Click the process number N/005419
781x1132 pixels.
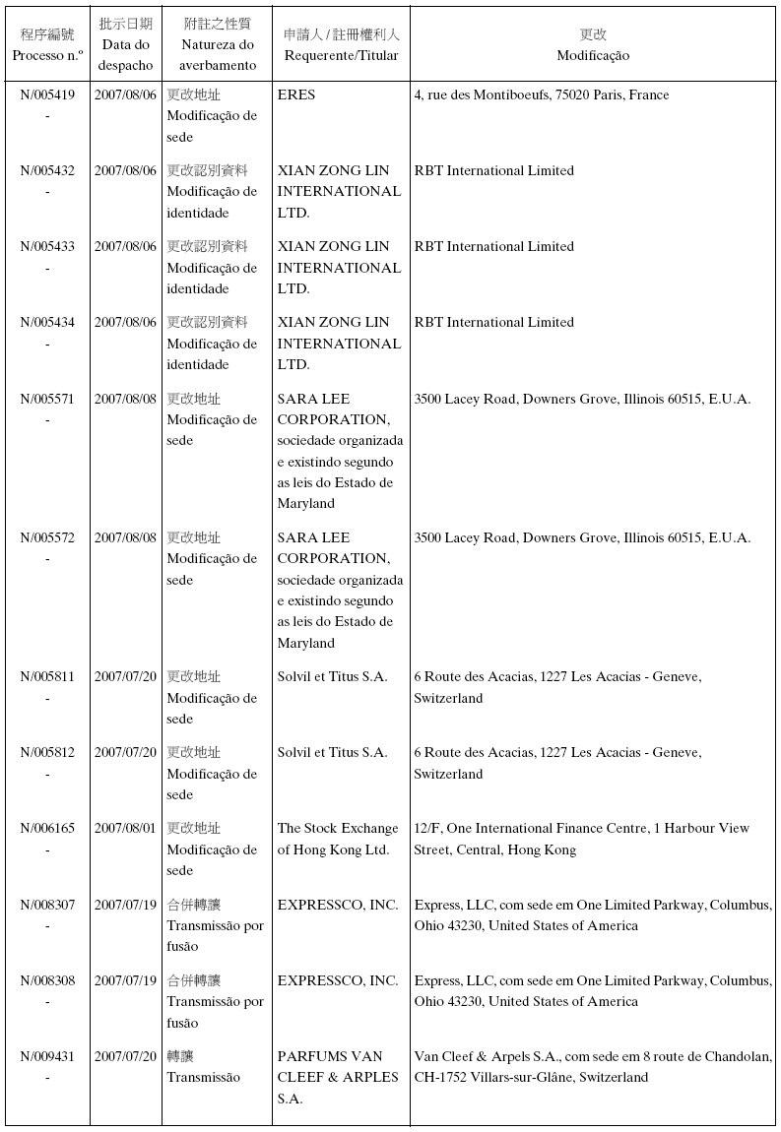[x=47, y=95]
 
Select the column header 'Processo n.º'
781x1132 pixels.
[x=47, y=56]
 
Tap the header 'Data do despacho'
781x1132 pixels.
[x=125, y=55]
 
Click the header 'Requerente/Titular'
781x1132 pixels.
[x=341, y=56]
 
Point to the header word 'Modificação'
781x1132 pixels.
[x=592, y=56]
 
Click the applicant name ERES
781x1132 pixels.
[x=296, y=95]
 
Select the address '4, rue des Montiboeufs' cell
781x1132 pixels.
[x=541, y=95]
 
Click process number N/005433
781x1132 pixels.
[x=47, y=246]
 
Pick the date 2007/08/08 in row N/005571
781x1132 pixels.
[x=125, y=399]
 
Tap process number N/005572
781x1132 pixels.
[x=47, y=537]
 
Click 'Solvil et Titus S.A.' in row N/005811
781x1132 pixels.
[x=332, y=676]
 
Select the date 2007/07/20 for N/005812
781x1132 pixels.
[x=125, y=752]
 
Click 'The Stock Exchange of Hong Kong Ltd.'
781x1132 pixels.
[x=338, y=839]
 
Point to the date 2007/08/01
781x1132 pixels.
[x=125, y=828]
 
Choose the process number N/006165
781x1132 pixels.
[x=47, y=828]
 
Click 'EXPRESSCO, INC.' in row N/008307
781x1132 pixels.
[x=338, y=905]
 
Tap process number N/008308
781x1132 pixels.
[x=47, y=980]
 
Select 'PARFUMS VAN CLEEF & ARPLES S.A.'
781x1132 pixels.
[x=338, y=1077]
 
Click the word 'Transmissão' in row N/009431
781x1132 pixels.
[x=203, y=1077]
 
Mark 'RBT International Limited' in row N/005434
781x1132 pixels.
[x=493, y=322]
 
